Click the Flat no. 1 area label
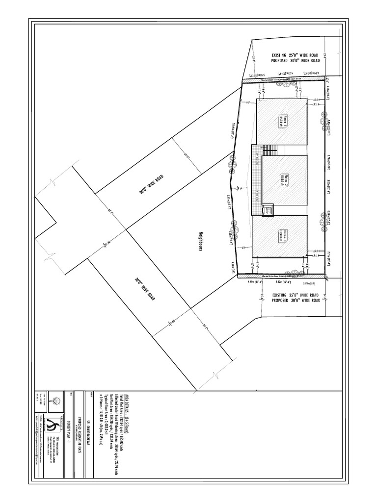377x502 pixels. [x=283, y=121]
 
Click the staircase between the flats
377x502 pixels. [x=270, y=150]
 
